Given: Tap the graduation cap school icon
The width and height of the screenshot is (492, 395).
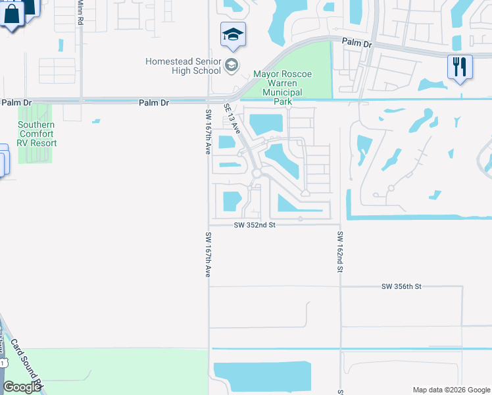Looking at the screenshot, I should (x=233, y=34).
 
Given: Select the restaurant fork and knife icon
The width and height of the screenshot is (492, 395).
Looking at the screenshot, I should (x=460, y=66).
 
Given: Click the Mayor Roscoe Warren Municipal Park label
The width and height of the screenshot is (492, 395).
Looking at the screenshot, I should (x=282, y=88).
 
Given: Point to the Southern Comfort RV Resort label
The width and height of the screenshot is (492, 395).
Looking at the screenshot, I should (x=37, y=134).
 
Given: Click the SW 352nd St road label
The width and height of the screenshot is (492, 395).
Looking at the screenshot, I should (x=253, y=225).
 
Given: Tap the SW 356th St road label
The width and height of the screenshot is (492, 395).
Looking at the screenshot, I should (x=401, y=286).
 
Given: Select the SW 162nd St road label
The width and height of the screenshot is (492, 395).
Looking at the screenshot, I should (x=341, y=252).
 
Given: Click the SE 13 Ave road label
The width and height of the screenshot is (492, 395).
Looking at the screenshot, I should (x=232, y=118).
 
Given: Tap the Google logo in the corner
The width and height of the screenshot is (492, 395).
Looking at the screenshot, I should (x=22, y=387).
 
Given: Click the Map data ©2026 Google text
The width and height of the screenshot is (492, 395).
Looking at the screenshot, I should (x=451, y=390).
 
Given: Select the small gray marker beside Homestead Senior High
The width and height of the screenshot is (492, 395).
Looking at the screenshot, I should (x=231, y=65).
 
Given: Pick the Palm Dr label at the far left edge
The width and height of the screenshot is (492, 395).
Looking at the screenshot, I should (x=16, y=103).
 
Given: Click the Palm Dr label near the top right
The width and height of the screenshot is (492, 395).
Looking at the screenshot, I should (x=357, y=43).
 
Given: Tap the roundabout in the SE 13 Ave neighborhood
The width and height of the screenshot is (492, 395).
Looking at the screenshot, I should (x=258, y=173).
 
